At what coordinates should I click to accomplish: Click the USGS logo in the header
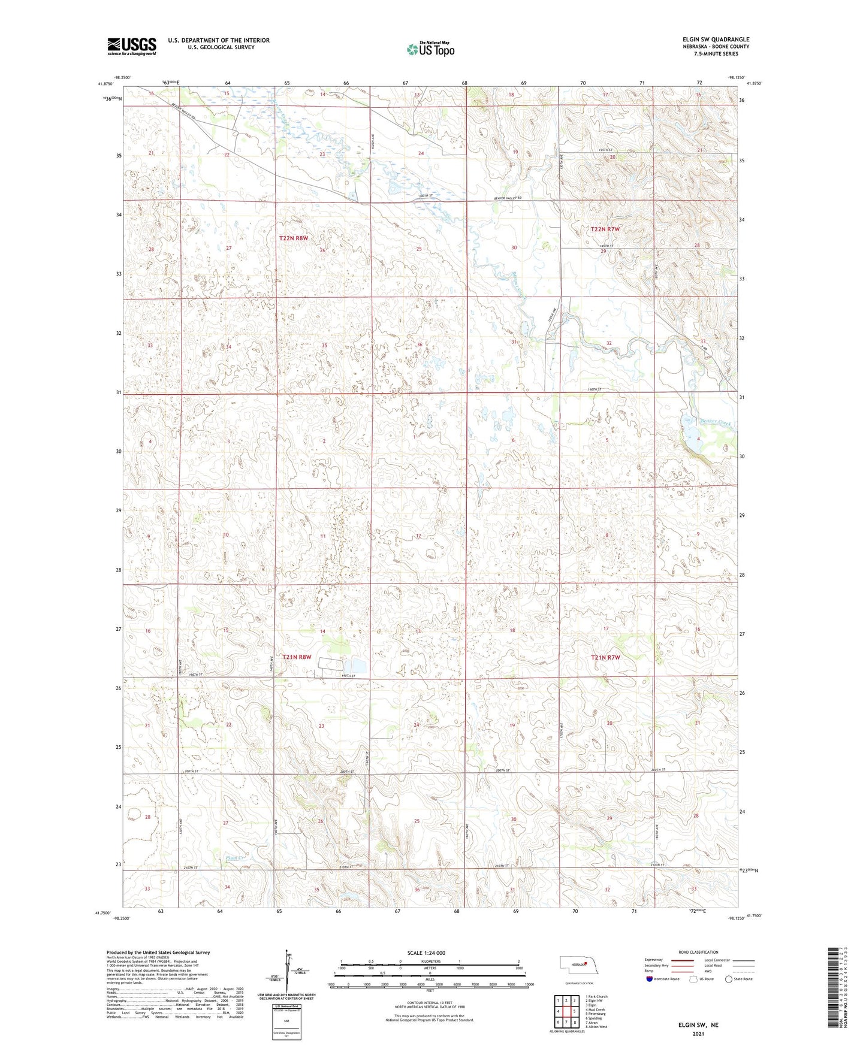[x=132, y=46]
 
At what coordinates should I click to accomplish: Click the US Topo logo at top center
[x=430, y=50]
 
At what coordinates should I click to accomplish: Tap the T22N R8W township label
[x=293, y=238]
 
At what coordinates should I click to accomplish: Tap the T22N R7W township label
[x=605, y=229]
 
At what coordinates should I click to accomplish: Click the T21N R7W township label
[x=605, y=657]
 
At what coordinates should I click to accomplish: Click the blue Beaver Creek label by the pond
[x=716, y=423]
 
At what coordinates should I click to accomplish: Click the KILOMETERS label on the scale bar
[x=429, y=962]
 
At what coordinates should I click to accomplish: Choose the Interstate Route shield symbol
[x=650, y=979]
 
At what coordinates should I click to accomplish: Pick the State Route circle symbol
[x=729, y=979]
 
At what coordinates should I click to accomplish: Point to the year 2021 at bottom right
[x=698, y=1033]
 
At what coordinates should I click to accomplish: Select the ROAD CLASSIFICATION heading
[x=698, y=952]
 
